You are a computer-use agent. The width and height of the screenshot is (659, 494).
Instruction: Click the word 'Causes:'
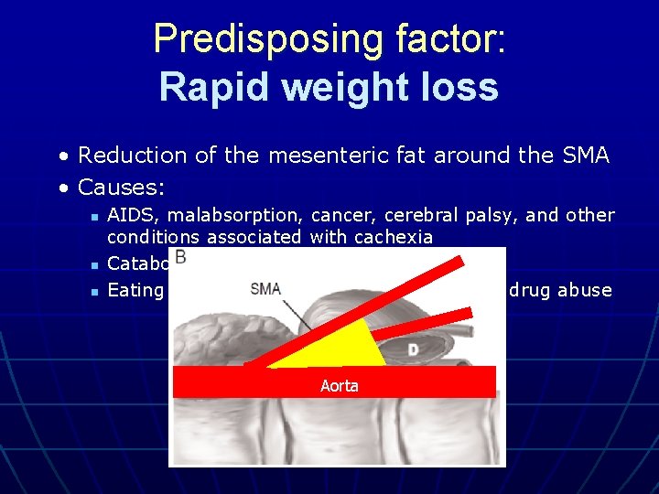[x=121, y=188]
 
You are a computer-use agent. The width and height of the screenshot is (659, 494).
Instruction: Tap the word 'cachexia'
[x=394, y=237]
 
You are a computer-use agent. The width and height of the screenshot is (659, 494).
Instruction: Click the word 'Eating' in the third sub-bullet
[x=135, y=290]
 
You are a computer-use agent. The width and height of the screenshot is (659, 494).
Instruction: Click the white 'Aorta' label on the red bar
[x=339, y=385]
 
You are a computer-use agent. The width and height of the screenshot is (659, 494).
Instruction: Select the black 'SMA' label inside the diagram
[x=265, y=288]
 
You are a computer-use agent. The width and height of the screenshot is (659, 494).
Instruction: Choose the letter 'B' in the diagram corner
[x=181, y=258]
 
